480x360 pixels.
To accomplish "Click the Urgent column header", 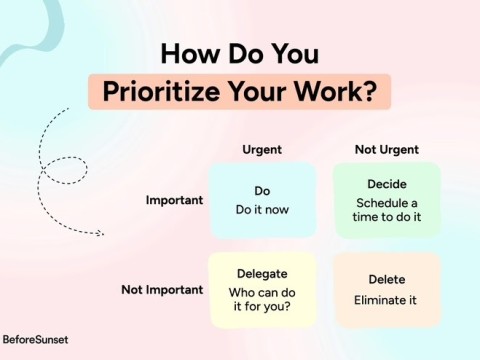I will click(x=262, y=150).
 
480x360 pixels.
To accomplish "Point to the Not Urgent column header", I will click(x=386, y=150).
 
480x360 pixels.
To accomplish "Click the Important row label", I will click(x=175, y=200).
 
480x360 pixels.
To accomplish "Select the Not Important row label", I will click(x=162, y=290).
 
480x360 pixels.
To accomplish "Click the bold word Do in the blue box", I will click(x=262, y=191).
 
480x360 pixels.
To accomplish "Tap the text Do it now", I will click(x=262, y=210).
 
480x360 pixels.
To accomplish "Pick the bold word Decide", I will click(x=386, y=184).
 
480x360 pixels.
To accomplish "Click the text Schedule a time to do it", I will click(x=386, y=211).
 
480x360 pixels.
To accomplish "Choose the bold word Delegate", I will click(x=262, y=273).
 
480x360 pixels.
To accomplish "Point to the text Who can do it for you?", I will click(x=262, y=300).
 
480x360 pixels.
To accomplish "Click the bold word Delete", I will click(x=386, y=280).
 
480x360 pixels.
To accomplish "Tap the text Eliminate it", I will click(x=386, y=300).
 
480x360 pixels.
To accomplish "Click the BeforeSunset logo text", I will click(x=35, y=340).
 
